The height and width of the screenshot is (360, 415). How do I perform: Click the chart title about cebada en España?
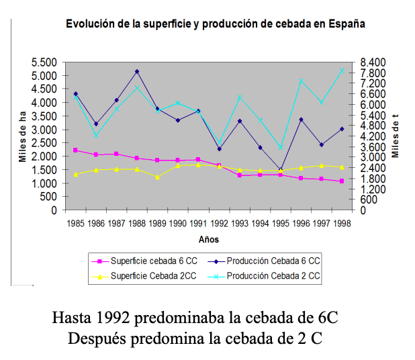215,24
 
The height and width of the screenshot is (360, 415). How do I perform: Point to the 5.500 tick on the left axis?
45,62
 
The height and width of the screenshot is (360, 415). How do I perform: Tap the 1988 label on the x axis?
137,222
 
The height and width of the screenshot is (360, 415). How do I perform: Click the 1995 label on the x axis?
281,222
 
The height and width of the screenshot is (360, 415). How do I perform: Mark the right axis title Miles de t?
396,136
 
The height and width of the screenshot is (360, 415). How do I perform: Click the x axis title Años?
209,239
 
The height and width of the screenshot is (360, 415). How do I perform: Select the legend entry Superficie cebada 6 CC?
150,261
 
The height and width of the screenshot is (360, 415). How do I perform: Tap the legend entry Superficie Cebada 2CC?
150,275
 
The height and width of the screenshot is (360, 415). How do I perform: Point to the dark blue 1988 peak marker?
137,71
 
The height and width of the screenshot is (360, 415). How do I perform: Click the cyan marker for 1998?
342,71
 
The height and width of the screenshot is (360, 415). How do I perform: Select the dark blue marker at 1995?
281,169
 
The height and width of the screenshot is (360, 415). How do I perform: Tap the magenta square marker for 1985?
75,150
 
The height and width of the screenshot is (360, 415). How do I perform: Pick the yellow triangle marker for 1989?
157,177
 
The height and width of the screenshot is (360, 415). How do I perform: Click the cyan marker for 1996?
301,81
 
